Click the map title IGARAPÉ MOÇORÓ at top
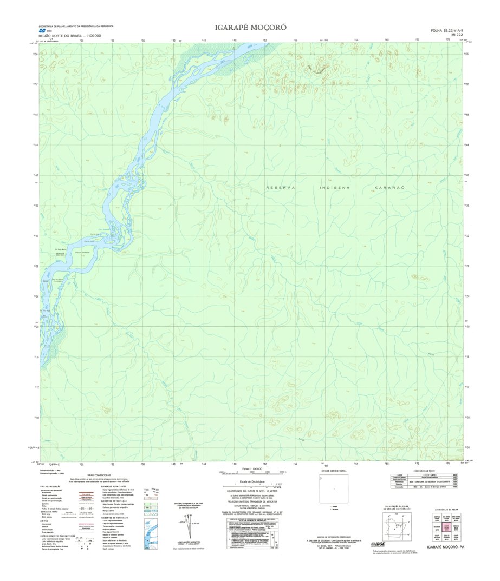[x=250, y=27]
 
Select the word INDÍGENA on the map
[x=335, y=187]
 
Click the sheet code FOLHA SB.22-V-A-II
[x=447, y=31]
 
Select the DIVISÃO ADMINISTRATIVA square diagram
[x=334, y=489]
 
